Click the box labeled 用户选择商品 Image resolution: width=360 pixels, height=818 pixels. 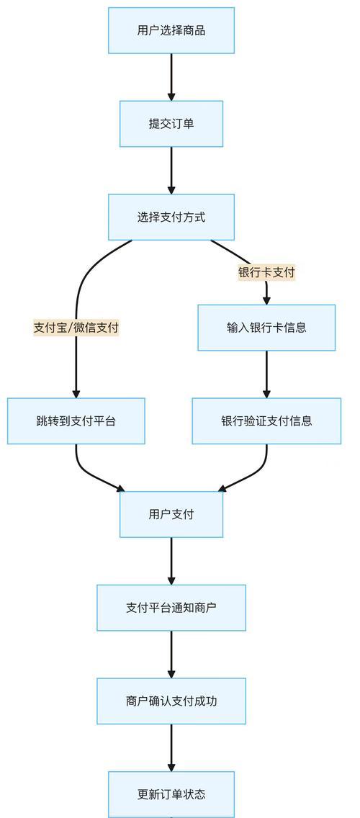click(171, 30)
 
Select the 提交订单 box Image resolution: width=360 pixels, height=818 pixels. click(171, 124)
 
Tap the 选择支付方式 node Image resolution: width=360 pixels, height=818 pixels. click(171, 217)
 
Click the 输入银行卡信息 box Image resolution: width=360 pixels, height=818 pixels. click(266, 328)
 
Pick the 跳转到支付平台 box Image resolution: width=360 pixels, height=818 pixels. click(76, 421)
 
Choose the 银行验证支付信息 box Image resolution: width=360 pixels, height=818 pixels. click(266, 421)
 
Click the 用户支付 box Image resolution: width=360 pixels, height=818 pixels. click(171, 514)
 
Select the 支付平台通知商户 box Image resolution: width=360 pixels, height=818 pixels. click(171, 608)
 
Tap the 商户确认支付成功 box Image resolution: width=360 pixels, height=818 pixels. click(171, 701)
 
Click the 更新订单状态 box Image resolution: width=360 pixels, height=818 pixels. click(171, 794)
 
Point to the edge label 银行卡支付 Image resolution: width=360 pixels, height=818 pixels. click(266, 272)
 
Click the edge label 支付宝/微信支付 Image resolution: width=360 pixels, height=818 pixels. click(76, 328)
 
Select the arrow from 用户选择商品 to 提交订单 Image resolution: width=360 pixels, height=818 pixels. click(171, 77)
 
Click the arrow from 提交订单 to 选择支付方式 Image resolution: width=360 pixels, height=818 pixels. click(171, 171)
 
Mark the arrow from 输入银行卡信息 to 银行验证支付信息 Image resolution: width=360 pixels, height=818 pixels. click(266, 374)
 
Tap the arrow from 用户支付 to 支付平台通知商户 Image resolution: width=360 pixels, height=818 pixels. click(171, 562)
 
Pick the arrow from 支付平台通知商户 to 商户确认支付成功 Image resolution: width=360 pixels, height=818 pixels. click(171, 655)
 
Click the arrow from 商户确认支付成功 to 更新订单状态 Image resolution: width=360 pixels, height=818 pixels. click(171, 748)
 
